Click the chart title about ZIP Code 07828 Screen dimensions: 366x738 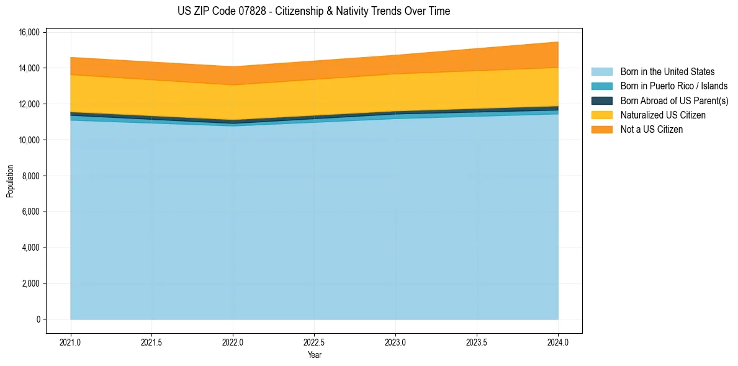pos(313,11)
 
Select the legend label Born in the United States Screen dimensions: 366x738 pos(667,72)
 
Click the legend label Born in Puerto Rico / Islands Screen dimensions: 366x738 pos(674,86)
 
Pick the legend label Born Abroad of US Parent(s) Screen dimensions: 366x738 pos(674,100)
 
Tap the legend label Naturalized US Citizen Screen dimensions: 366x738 pos(663,115)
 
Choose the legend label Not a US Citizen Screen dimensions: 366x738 pos(652,130)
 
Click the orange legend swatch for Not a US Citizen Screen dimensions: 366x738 pos(601,130)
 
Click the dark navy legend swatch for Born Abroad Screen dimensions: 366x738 pos(601,100)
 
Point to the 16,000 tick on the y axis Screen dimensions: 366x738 pos(30,32)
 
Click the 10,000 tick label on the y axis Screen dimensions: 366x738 pos(30,140)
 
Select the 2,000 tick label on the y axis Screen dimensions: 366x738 pos(32,284)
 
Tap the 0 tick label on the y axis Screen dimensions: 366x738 pos(38,320)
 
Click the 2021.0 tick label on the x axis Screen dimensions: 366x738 pos(71,342)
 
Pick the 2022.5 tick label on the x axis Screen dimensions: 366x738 pos(314,342)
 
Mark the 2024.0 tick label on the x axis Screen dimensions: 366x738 pos(558,342)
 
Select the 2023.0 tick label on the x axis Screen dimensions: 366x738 pos(395,342)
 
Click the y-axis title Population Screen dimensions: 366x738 pos(10,181)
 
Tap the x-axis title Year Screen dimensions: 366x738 pos(314,355)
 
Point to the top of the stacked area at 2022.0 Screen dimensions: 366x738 pos(233,66)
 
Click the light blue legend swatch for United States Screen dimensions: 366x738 pos(601,72)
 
